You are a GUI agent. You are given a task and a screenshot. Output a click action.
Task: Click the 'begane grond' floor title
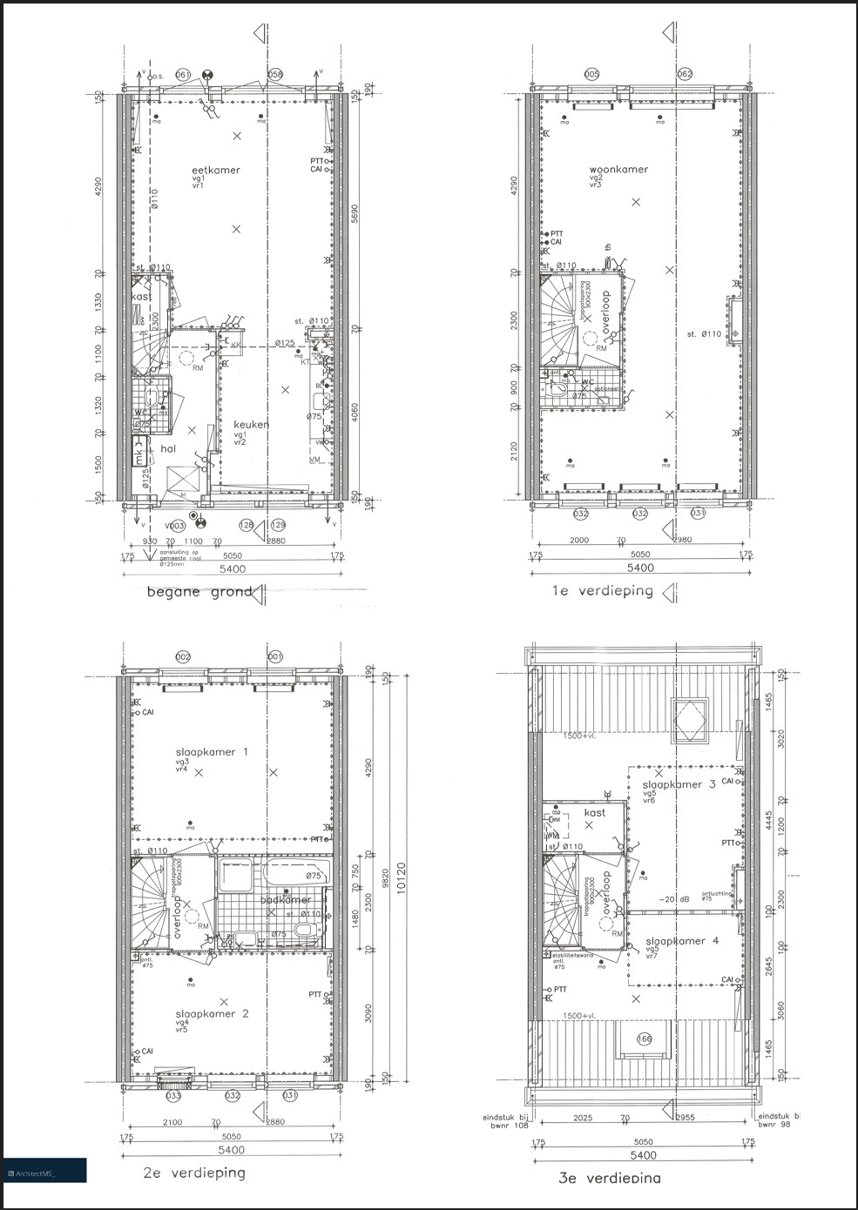tap(199, 592)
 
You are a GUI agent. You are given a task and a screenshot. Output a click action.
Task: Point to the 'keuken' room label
tap(251, 424)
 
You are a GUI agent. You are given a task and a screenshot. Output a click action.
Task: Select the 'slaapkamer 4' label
tap(682, 940)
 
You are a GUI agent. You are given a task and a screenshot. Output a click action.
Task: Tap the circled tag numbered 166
tap(645, 1038)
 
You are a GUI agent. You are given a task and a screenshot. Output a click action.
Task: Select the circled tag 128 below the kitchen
tap(247, 525)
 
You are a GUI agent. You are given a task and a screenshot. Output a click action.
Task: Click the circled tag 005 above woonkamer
tap(592, 75)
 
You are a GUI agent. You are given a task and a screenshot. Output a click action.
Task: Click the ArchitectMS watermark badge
tap(44, 1171)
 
